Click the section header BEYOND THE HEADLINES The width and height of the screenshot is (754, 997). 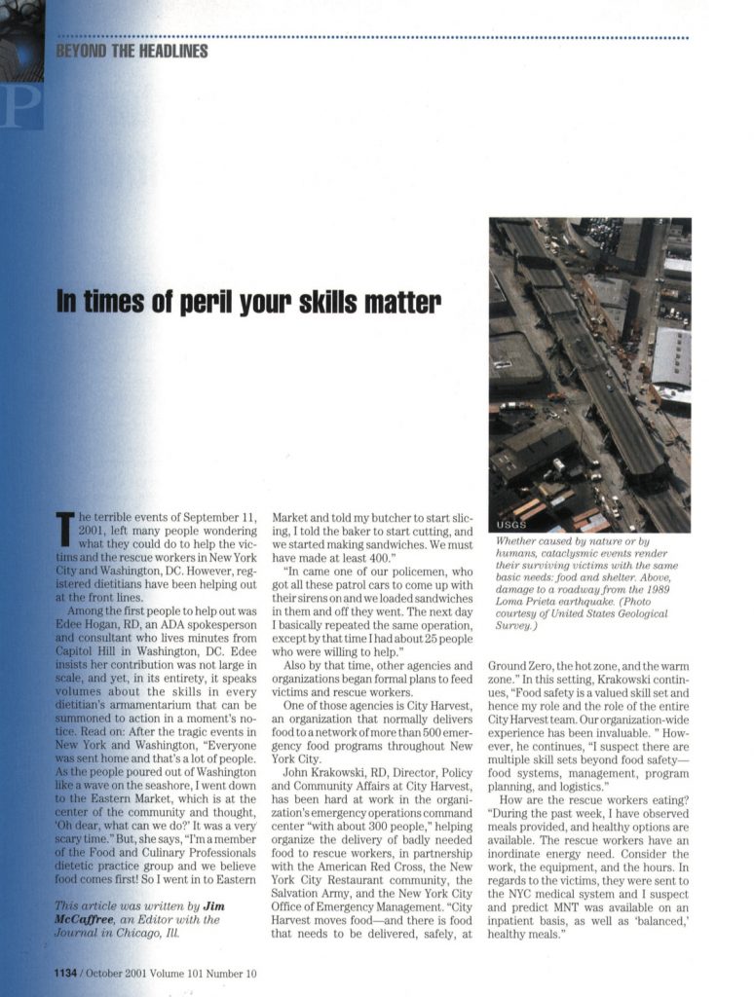tap(132, 51)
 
